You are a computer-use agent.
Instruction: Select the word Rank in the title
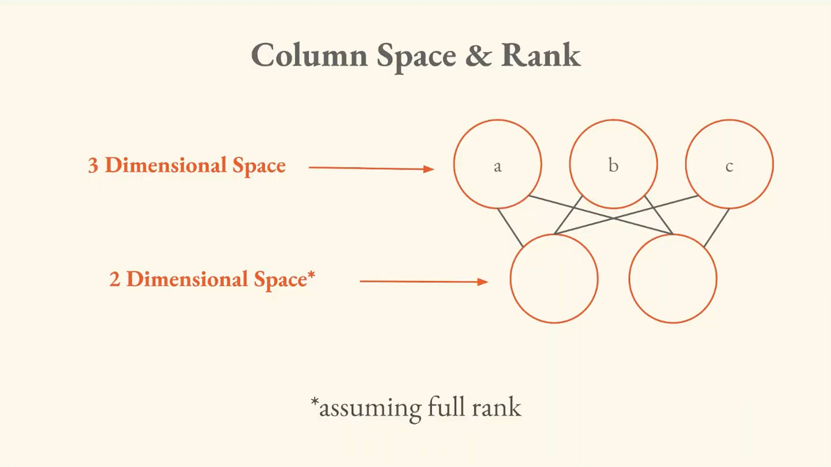(540, 55)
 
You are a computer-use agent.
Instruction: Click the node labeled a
(497, 164)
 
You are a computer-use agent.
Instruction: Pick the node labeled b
(613, 164)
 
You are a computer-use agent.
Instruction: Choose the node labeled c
(729, 164)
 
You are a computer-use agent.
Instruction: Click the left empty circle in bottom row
(554, 278)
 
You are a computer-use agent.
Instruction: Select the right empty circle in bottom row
(672, 278)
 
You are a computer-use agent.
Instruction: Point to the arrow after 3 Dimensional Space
(371, 168)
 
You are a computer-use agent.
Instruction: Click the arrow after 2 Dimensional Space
(423, 281)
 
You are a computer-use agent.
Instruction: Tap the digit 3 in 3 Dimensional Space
(93, 165)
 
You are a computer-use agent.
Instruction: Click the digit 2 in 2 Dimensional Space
(115, 279)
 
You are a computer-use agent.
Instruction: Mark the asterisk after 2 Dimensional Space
(311, 275)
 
